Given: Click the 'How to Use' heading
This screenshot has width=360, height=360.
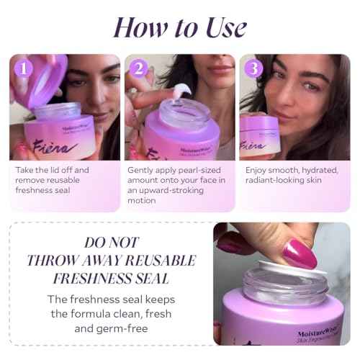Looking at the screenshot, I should tap(179, 27).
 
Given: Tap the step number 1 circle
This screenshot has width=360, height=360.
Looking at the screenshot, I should tap(25, 68).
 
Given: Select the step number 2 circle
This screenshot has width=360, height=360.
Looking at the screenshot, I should tap(140, 68).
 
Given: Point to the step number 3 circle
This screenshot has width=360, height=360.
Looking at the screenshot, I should tap(253, 68).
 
